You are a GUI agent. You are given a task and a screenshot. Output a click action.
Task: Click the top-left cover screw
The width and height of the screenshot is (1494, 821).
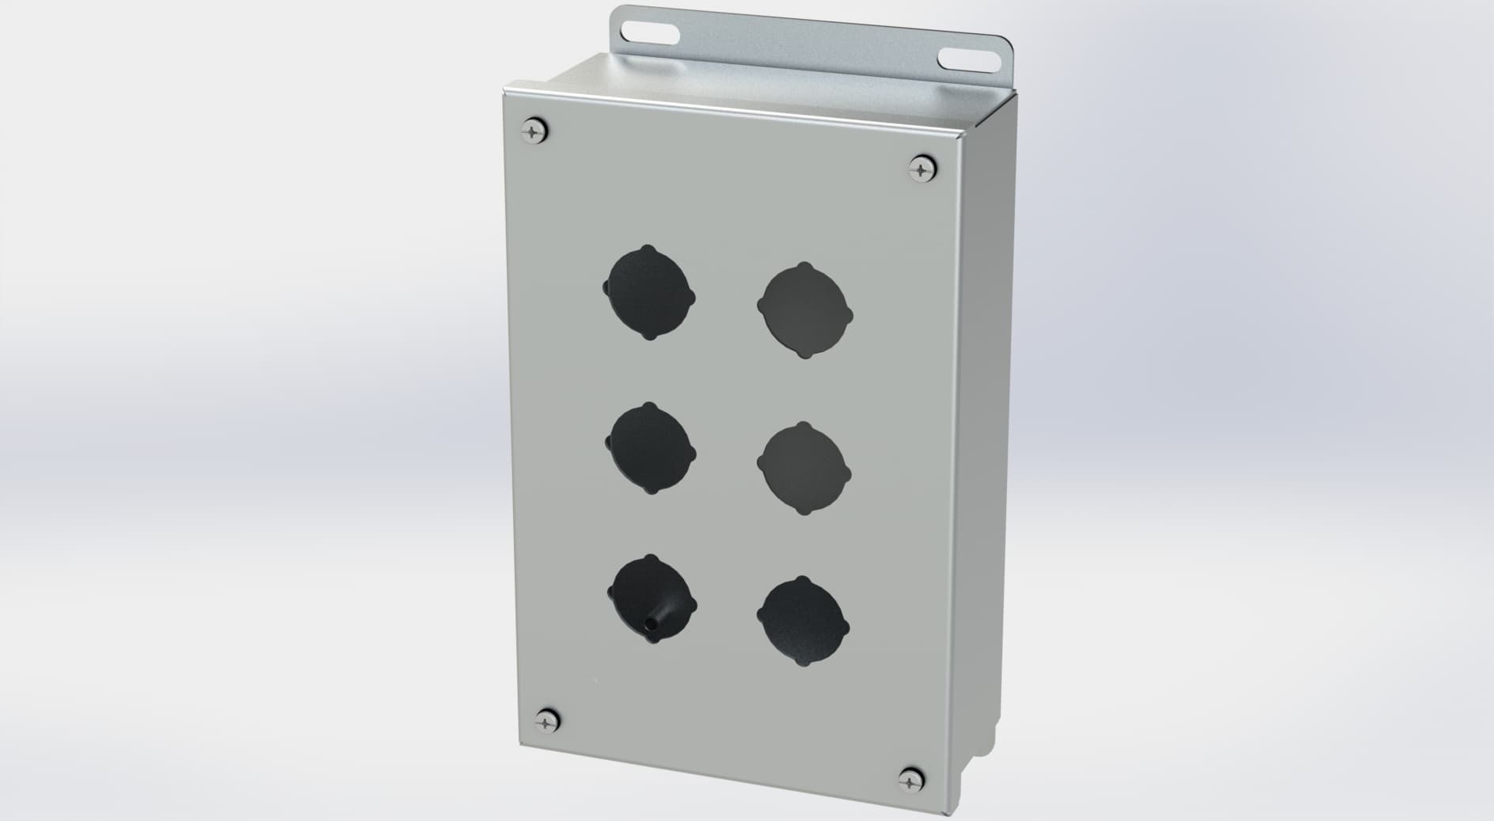(536, 130)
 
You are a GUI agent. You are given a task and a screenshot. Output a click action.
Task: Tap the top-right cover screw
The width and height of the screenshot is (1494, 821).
(922, 169)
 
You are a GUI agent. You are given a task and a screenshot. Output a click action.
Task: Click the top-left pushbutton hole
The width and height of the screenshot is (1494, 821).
(649, 292)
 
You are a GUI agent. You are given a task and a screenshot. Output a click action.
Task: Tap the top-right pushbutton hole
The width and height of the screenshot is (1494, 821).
(804, 310)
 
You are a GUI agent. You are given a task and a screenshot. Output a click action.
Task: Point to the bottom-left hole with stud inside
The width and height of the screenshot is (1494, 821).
(651, 600)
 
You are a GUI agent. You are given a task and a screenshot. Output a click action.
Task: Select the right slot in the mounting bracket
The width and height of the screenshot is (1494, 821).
(964, 59)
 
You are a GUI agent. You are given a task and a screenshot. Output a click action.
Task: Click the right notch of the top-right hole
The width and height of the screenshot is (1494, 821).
(848, 314)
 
